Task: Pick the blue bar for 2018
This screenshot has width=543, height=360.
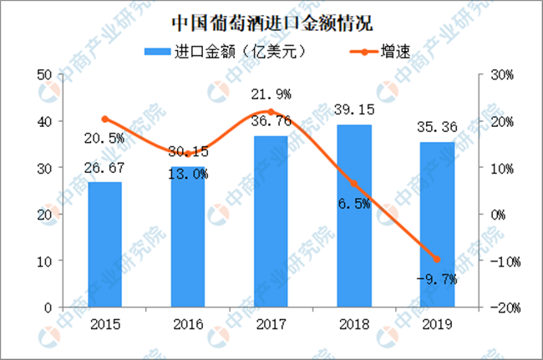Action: [x=354, y=215]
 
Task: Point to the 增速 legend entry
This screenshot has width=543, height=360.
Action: [x=372, y=51]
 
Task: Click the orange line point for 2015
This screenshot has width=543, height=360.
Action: [x=104, y=119]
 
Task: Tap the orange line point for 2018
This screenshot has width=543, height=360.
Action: [x=354, y=184]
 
